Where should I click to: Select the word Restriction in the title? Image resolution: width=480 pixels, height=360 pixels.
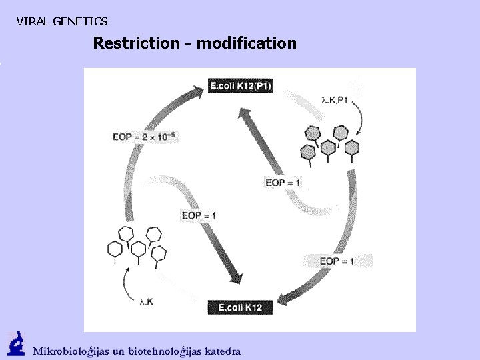pyautogui.click(x=135, y=43)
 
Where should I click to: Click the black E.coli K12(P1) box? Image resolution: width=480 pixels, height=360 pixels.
pyautogui.click(x=241, y=85)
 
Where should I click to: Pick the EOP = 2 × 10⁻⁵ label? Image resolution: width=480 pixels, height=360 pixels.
pyautogui.click(x=144, y=137)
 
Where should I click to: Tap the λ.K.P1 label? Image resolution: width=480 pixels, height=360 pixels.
pyautogui.click(x=335, y=101)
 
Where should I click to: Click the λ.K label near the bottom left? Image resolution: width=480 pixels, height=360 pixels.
pyautogui.click(x=146, y=302)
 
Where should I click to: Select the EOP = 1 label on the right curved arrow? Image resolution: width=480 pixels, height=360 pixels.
pyautogui.click(x=337, y=261)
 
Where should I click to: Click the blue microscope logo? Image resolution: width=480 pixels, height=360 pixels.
pyautogui.click(x=16, y=344)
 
